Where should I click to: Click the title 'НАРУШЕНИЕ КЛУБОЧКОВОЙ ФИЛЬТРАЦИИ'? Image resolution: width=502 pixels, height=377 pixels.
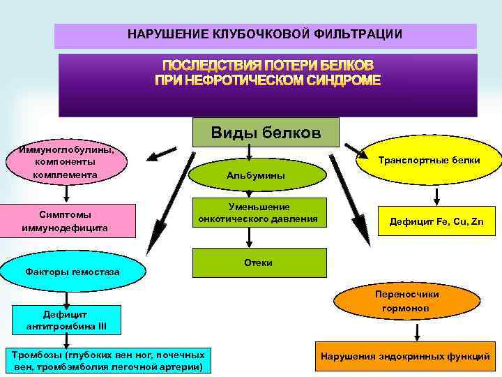coord(265,34)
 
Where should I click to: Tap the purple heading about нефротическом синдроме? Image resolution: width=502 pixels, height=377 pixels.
coord(268,72)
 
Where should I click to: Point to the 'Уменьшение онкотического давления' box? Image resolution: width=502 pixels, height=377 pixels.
coord(257,213)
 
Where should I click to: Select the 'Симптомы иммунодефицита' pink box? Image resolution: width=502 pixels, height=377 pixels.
coord(63,220)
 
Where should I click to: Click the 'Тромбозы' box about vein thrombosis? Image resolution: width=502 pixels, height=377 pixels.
coord(107,360)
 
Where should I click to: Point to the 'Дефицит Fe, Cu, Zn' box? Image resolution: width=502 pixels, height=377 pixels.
coord(436,222)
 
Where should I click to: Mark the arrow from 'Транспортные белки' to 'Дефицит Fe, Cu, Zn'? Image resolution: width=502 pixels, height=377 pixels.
coord(436,195)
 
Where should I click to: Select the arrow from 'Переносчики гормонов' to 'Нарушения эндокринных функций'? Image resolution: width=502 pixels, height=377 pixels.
coord(397,330)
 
